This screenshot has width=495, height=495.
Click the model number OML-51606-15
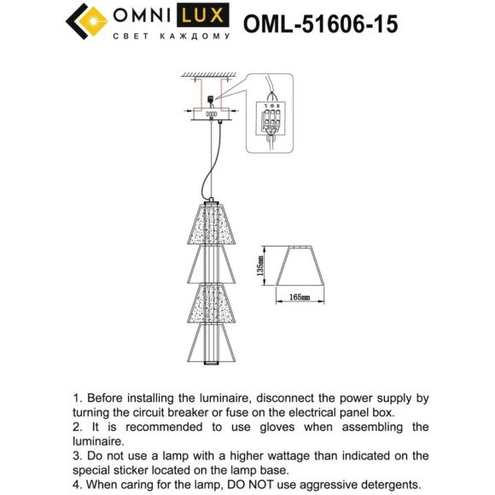[320, 23]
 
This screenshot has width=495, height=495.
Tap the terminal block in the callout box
[271, 119]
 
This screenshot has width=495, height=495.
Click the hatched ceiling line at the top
[209, 77]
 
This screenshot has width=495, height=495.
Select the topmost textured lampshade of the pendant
[209, 224]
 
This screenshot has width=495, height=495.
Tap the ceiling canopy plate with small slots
[209, 113]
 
